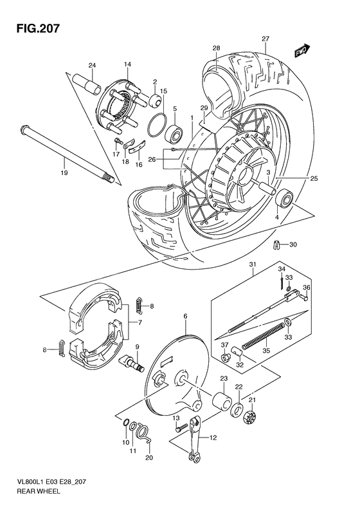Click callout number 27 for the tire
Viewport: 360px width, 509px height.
(x=265, y=39)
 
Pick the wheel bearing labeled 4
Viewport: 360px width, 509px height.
(x=283, y=198)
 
